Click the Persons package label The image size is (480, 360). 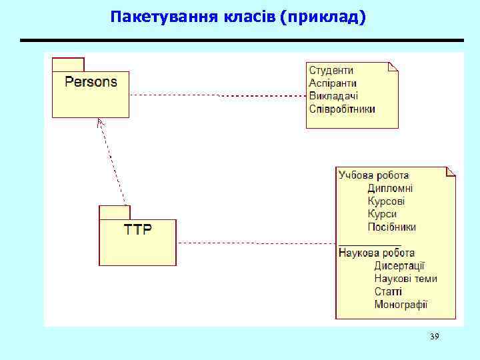(x=91, y=82)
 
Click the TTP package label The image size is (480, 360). (x=137, y=229)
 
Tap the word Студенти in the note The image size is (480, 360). (x=331, y=70)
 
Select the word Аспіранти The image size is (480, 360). (x=333, y=83)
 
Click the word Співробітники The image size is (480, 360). (x=342, y=108)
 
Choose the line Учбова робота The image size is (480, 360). (x=373, y=175)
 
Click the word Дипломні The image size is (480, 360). (x=390, y=188)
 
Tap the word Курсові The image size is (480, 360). (x=386, y=201)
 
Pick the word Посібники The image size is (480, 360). (x=391, y=227)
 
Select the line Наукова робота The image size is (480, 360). (x=377, y=253)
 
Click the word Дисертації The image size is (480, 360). (x=399, y=265)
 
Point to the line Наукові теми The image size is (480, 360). (x=405, y=279)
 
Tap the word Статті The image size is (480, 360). (x=388, y=291)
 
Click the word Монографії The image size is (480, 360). (x=401, y=305)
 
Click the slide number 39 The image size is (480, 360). (x=434, y=337)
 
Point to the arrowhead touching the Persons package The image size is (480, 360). (x=100, y=122)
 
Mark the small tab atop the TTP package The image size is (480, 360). (x=115, y=213)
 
